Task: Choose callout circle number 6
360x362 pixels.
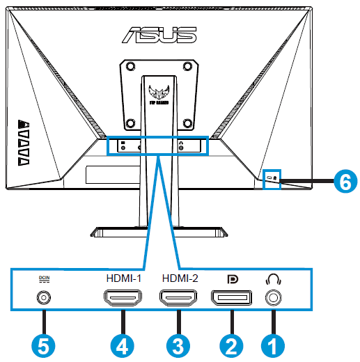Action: (x=342, y=182)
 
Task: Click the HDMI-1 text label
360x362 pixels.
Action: (x=123, y=278)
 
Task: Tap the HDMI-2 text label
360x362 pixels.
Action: (x=179, y=278)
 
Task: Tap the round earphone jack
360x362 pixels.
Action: (x=274, y=298)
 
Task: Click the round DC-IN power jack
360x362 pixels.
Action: (x=44, y=299)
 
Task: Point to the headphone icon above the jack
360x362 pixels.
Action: (x=274, y=278)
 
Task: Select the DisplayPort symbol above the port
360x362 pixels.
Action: (x=233, y=278)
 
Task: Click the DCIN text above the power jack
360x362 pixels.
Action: (x=44, y=278)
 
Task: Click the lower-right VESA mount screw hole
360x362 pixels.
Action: (x=188, y=123)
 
